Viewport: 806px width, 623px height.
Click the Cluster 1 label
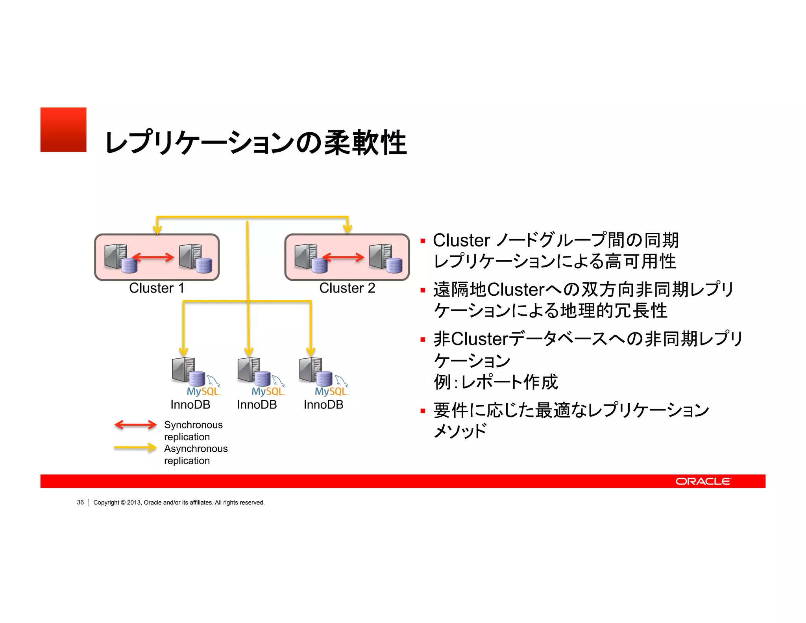click(157, 288)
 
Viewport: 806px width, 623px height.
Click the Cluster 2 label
click(347, 288)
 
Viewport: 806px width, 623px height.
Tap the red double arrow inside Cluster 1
click(153, 258)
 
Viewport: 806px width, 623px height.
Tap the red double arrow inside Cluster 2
click(343, 258)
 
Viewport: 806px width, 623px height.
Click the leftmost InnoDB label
click(190, 405)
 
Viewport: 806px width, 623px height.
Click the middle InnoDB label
click(257, 405)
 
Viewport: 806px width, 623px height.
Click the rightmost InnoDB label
click(323, 405)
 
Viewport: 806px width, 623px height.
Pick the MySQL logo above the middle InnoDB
click(268, 391)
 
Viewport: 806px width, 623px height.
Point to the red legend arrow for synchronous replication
click(135, 425)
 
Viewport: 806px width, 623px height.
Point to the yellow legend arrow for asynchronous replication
click(135, 448)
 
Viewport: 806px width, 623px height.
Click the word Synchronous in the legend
click(193, 425)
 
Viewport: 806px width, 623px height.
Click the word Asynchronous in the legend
click(196, 449)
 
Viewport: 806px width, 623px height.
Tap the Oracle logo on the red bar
click(703, 481)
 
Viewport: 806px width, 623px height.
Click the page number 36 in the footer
click(80, 502)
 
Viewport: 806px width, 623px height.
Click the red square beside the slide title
click(63, 130)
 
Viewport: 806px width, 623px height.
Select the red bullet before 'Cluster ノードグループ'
click(423, 241)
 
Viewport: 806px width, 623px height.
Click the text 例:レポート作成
click(495, 382)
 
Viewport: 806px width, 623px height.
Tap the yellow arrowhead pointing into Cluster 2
click(347, 229)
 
